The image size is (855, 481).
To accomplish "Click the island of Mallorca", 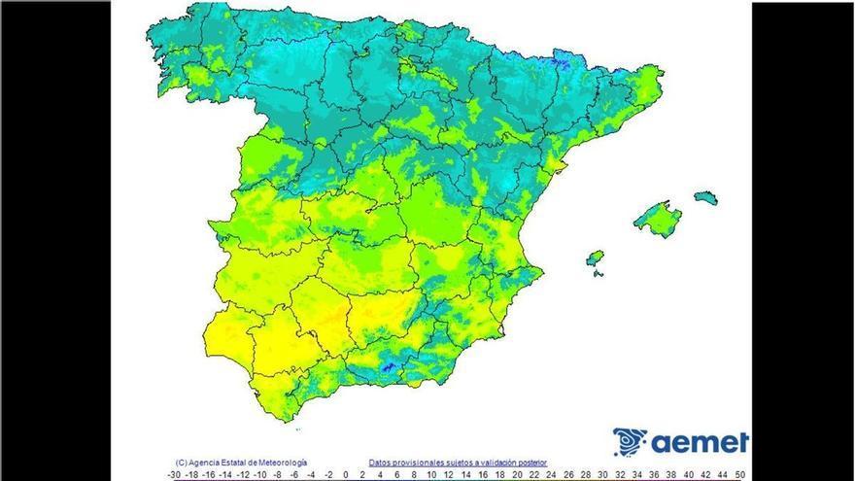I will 658,219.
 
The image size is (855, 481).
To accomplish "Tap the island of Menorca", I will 706,198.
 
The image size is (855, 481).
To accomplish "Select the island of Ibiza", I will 596,258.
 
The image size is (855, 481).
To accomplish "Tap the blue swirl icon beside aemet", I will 630,442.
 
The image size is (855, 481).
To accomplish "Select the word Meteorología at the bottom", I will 281,463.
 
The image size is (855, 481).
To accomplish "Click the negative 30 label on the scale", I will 174,474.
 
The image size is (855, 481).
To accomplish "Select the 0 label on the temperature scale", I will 346,474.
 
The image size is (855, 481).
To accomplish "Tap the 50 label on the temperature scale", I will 740,474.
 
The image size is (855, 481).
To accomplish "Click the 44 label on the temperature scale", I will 704,474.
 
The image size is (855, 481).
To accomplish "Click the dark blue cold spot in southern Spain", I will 389,367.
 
